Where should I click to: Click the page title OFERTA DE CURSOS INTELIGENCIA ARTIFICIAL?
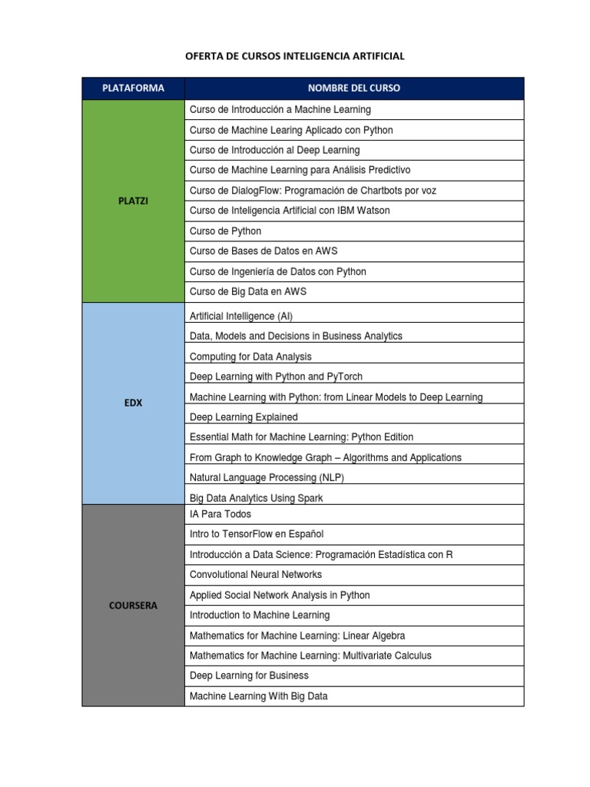tap(295, 56)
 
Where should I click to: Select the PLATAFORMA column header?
tap(133, 88)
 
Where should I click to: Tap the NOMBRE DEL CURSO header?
tap(353, 88)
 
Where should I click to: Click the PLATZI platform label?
tap(133, 201)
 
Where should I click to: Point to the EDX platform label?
tap(133, 403)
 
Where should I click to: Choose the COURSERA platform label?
tap(133, 606)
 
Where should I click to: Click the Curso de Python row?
tap(226, 231)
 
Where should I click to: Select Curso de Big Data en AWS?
tap(247, 292)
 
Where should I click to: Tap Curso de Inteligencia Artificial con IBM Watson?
tap(290, 211)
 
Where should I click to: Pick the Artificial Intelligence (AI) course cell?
tap(241, 316)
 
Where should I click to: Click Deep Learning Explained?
tap(244, 417)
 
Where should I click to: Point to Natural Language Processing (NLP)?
tap(267, 478)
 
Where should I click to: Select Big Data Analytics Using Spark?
tap(256, 499)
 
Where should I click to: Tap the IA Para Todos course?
tap(220, 514)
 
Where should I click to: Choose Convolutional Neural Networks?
tap(256, 575)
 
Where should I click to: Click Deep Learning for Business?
tap(249, 676)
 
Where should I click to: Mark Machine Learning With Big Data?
tap(258, 696)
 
